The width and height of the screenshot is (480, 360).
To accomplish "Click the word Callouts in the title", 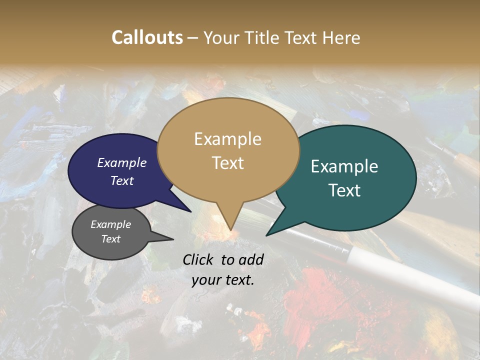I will (x=147, y=37).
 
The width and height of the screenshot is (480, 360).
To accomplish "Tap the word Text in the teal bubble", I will (x=344, y=190).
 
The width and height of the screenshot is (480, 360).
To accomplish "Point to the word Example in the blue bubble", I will (x=122, y=162).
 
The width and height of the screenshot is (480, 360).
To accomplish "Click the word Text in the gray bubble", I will (x=110, y=239).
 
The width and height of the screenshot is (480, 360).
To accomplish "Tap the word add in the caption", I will (x=250, y=259).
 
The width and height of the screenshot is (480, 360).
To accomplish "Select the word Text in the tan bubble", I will (x=227, y=163).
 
